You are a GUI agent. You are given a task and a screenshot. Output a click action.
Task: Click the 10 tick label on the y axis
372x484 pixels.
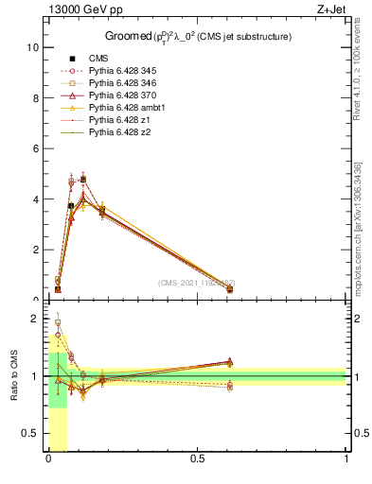point(32,46)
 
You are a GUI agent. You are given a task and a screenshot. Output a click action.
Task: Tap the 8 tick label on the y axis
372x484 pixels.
point(35,97)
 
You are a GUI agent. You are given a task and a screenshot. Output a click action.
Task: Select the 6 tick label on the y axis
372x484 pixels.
point(35,148)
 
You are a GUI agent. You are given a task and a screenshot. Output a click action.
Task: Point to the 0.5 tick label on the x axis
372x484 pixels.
point(198,459)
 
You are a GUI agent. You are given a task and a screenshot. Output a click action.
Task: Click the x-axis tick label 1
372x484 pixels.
point(346,459)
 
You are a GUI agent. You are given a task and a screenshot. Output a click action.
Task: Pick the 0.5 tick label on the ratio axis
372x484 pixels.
point(30,433)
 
